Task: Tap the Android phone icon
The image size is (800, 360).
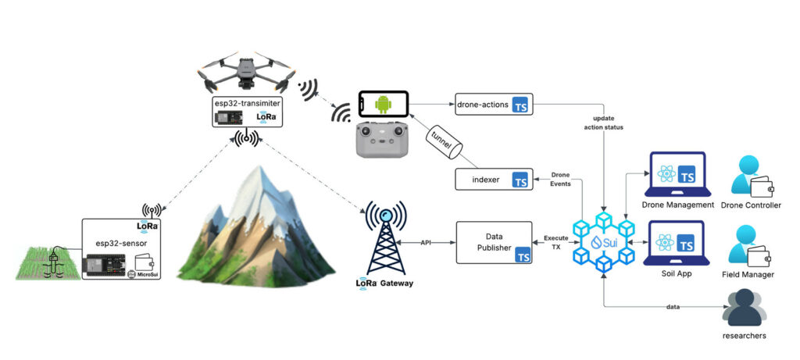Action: [383, 104]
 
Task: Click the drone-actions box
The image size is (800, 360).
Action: [494, 104]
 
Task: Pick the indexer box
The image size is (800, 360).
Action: [494, 180]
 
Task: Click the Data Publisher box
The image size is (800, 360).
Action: [494, 241]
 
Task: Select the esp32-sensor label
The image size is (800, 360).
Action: [120, 243]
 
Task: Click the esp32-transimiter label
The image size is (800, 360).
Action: [247, 102]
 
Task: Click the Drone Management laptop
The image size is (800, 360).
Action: [677, 176]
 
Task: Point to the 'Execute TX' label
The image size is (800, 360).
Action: [556, 241]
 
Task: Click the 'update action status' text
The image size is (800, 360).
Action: [603, 123]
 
